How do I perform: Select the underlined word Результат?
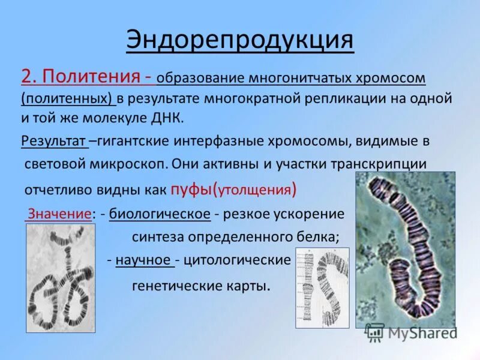pos(54,141)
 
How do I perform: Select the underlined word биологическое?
pos(160,214)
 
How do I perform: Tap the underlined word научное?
pos(145,260)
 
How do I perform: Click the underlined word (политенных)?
pos(67,98)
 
